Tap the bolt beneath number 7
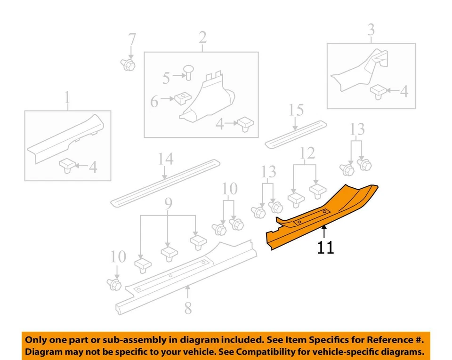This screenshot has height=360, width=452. tap(128, 64)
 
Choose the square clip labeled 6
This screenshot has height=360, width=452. tap(181, 99)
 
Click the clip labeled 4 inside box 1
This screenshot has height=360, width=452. tap(68, 166)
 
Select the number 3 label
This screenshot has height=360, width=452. tap(371, 30)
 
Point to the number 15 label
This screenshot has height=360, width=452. tap(296, 111)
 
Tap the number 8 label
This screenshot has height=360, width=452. tap(188, 308)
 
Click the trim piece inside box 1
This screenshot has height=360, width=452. tap(66, 139)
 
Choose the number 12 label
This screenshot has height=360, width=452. tap(307, 153)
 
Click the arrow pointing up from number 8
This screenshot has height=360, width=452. tap(188, 292)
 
